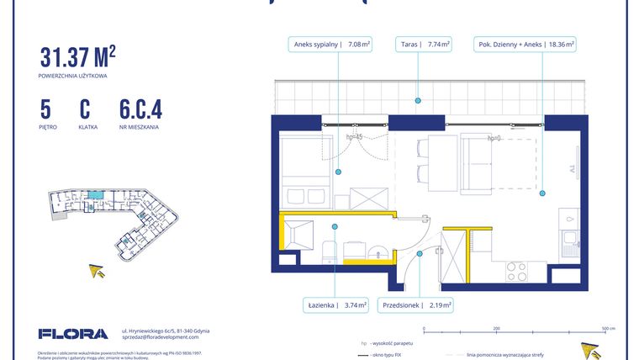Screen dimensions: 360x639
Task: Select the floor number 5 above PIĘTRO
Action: click(x=45, y=109)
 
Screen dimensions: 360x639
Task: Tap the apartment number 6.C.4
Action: click(x=140, y=109)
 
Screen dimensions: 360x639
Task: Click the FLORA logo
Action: click(x=73, y=334)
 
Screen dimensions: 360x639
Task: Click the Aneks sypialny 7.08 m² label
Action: click(x=331, y=45)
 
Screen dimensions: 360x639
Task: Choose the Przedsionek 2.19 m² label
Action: click(x=416, y=304)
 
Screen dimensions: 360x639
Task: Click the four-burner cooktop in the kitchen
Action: click(x=515, y=272)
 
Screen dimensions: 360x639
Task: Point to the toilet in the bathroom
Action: click(x=328, y=253)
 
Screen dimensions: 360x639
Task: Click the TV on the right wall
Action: click(x=576, y=159)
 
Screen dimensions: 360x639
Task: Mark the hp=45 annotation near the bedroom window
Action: click(x=354, y=137)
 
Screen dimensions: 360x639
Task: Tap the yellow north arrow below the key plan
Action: click(x=98, y=271)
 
